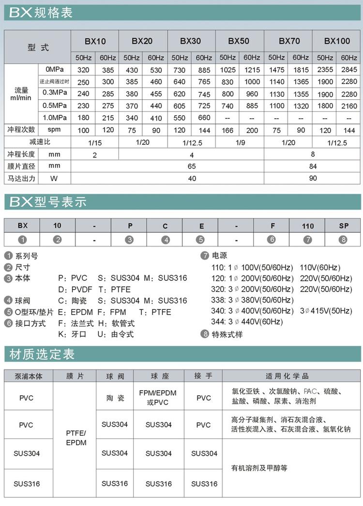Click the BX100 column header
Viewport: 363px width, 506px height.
coord(337,41)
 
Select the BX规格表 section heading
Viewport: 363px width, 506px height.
coord(41,13)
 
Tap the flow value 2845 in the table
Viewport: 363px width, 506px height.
coord(349,70)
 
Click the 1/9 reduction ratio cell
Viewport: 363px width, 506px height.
coord(240,142)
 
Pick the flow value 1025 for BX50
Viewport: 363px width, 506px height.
coord(227,70)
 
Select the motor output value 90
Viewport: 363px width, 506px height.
coord(313,178)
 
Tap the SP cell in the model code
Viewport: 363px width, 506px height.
coord(344,226)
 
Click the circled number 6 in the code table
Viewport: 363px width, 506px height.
coord(272,239)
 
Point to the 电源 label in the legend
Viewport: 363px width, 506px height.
coord(219,256)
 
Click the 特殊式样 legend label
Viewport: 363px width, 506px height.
coord(227,334)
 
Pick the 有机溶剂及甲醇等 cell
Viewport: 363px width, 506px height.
coord(259,468)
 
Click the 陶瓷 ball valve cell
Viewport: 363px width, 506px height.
coord(115,398)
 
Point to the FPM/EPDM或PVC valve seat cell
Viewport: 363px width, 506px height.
coord(158,398)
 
